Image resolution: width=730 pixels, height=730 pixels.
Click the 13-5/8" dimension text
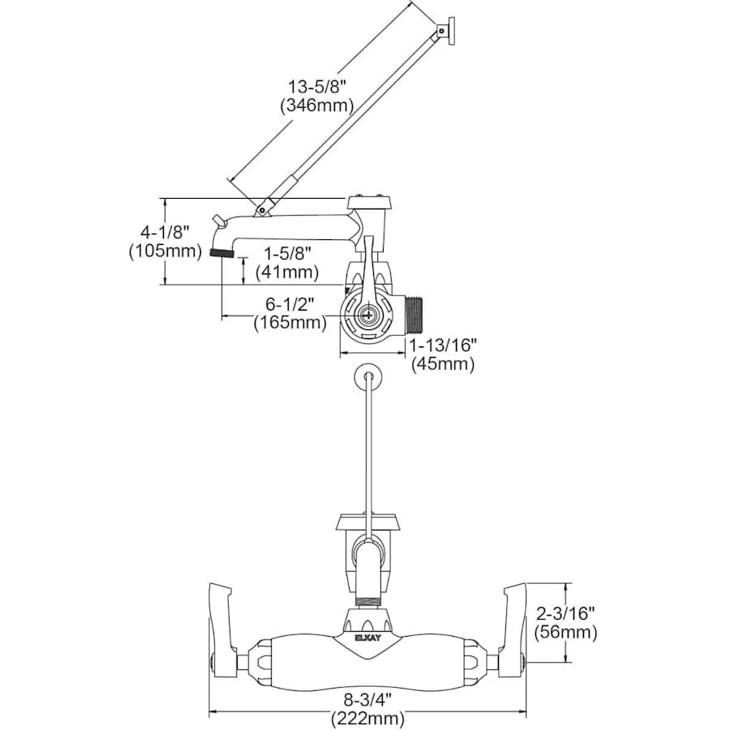point(318,87)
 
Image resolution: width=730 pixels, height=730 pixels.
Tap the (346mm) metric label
point(317,105)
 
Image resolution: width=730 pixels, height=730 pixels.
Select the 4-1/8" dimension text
point(165,232)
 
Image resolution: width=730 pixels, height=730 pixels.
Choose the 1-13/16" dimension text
point(444,345)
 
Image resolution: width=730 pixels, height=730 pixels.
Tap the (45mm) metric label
point(443,363)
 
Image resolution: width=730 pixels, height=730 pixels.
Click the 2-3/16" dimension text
point(565,614)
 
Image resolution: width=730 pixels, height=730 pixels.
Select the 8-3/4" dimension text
point(367,699)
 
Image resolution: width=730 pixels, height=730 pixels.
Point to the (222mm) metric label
point(367,718)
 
